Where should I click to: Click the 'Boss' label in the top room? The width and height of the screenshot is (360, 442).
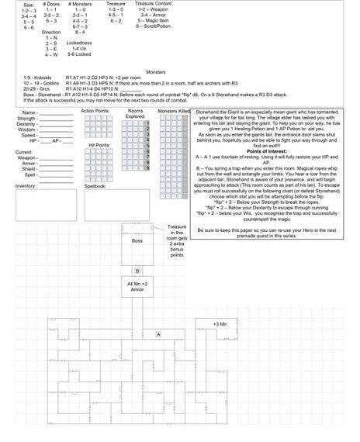137,241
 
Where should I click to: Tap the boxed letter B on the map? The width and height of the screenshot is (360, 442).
137,271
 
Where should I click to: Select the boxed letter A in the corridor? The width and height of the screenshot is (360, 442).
158,333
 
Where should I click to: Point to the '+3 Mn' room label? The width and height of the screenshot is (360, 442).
220,323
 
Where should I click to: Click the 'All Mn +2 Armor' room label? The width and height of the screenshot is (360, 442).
137,288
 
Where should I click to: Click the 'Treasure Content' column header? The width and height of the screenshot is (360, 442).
154,5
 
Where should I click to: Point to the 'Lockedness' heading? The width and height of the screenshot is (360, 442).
80,43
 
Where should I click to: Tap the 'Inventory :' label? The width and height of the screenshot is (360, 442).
27,186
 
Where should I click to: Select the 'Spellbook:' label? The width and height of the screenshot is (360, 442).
95,186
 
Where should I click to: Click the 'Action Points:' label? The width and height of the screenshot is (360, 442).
96,111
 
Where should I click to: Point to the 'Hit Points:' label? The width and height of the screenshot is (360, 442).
100,145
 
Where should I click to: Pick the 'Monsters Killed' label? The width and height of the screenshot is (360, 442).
175,112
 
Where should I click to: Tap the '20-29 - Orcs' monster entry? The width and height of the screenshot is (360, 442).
36,89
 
